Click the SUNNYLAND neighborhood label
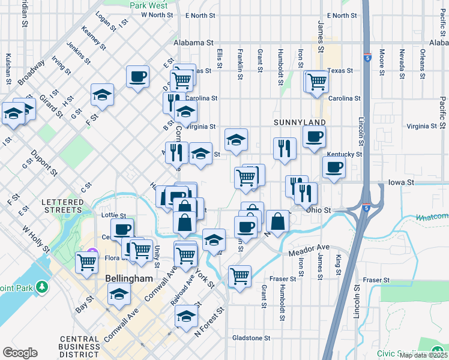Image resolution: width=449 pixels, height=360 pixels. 300,122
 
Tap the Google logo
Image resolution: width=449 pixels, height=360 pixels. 20,353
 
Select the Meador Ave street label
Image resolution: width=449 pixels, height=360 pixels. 309,247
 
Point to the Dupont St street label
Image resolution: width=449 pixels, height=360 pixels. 44,163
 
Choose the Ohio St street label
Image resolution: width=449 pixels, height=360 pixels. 318,210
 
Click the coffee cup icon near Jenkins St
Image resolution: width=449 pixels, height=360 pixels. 137,76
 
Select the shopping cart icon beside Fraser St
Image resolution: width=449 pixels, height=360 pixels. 240,277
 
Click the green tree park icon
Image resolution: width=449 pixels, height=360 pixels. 41,287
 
